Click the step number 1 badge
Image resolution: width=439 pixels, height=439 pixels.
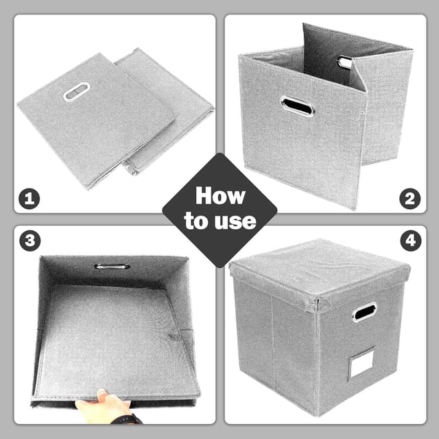(28, 199)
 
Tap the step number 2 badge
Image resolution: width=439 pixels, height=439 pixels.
(410, 199)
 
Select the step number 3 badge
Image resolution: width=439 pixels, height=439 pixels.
(28, 241)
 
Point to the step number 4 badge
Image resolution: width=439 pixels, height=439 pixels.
(410, 241)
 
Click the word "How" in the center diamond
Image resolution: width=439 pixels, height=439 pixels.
(219, 196)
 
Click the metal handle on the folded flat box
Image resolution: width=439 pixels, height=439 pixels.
(76, 91)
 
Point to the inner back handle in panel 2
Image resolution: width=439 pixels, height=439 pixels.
(344, 62)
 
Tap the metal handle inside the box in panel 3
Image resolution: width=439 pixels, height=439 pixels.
(112, 265)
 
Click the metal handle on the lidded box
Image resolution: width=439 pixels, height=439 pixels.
(364, 311)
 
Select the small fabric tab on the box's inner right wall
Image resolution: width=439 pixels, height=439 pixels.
(175, 336)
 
